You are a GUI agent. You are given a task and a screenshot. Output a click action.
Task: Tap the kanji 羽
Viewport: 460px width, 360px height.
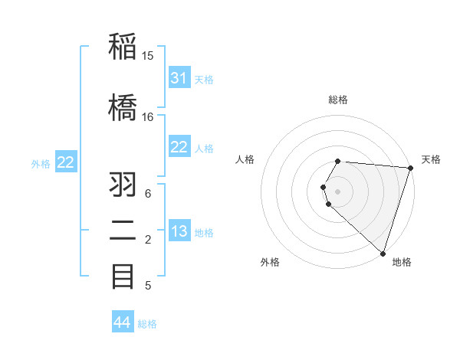click(x=123, y=186)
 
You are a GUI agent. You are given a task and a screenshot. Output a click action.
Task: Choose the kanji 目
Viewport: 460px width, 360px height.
click(x=123, y=276)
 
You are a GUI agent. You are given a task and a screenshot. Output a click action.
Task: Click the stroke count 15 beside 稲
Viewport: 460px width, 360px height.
click(x=148, y=56)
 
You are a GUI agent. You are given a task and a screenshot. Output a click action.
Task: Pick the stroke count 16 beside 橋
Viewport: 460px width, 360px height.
click(x=148, y=117)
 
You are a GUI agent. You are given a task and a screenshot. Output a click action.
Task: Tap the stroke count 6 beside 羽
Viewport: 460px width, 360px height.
click(x=148, y=194)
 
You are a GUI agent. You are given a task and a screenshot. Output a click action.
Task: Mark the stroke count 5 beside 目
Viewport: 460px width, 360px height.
click(x=148, y=286)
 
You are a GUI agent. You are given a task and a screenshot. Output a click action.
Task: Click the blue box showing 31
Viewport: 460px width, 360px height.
click(x=179, y=78)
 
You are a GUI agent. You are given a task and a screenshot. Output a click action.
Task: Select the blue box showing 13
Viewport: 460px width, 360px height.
click(x=179, y=232)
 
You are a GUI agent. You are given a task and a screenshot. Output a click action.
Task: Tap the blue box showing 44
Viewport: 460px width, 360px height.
click(x=123, y=322)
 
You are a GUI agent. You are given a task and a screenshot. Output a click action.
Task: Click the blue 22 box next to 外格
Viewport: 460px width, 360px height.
click(x=66, y=162)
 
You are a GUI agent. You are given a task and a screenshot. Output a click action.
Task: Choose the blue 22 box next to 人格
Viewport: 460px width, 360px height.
click(x=179, y=147)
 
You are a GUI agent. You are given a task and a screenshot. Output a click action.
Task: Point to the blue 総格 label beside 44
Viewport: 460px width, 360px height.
click(x=147, y=324)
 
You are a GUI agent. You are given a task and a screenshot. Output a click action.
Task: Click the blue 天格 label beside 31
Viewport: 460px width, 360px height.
click(x=204, y=80)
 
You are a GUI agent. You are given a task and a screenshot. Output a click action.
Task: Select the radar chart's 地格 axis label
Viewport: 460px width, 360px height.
click(x=402, y=262)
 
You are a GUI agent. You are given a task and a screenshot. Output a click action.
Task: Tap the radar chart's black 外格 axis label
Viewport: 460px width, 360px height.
click(x=270, y=262)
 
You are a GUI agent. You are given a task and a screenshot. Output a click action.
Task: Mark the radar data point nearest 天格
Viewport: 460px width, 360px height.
click(x=410, y=169)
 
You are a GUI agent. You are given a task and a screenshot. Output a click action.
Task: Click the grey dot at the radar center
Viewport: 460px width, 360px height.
click(x=337, y=191)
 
